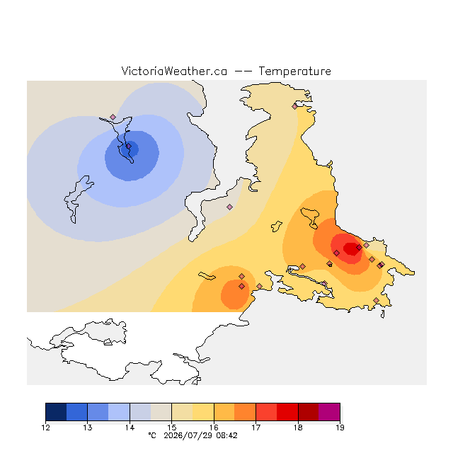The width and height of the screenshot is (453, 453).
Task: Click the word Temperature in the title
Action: point(294,71)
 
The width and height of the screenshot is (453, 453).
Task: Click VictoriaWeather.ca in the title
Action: point(174,71)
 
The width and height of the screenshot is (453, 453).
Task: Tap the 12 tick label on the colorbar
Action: point(45,428)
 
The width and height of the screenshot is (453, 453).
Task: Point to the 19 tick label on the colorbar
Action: point(340,428)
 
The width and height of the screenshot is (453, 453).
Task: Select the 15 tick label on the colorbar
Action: point(171,428)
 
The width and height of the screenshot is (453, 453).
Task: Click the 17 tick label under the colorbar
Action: point(256,428)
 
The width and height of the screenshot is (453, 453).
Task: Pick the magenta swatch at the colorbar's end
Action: point(329,412)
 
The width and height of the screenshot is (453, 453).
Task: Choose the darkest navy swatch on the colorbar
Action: point(56,412)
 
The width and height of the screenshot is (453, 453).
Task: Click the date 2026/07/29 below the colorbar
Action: point(188,436)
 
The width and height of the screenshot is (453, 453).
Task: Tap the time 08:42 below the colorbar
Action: point(226,436)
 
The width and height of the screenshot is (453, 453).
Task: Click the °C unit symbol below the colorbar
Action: point(152,436)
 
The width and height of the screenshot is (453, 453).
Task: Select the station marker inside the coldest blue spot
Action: point(129,147)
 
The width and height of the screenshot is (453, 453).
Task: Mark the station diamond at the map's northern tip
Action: point(294,107)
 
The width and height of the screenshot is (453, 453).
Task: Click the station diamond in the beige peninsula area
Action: point(229,207)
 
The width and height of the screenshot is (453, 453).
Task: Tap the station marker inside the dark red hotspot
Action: point(359,247)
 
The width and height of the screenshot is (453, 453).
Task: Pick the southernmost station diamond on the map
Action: point(376,300)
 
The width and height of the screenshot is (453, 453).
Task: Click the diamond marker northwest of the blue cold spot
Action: point(113,117)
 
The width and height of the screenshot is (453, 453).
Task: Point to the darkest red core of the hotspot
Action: point(352,249)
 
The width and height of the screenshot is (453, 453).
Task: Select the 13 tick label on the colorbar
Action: point(88,428)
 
